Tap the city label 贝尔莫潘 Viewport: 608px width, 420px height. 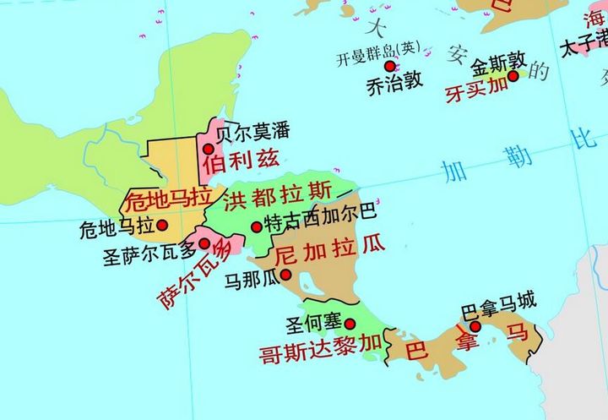point(253,132)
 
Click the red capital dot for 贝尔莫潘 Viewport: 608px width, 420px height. point(208,149)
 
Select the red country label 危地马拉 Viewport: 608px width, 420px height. point(166,200)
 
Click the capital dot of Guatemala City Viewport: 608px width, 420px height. point(162,225)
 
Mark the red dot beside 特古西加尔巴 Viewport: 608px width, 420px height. point(257,226)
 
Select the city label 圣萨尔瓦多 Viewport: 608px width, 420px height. point(149,250)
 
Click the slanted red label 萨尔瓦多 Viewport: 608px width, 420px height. point(193,273)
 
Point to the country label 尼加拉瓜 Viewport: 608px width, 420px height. point(330,250)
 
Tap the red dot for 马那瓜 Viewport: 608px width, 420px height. point(286,274)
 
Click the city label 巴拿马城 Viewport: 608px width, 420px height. point(499,300)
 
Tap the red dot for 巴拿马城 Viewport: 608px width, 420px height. point(475,326)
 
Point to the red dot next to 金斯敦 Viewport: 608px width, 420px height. point(513,77)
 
